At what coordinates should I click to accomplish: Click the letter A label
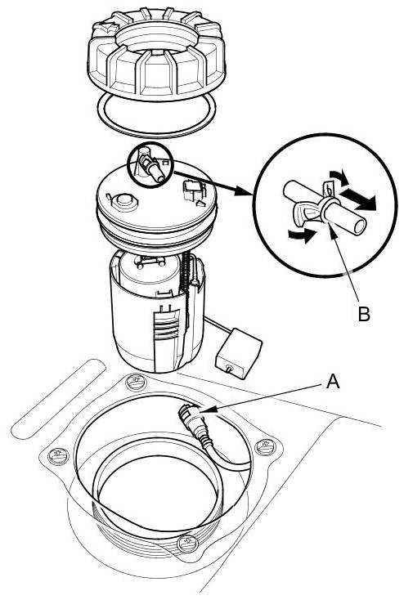click(333, 382)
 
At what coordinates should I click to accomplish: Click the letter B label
click(364, 313)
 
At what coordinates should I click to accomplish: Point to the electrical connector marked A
click(193, 421)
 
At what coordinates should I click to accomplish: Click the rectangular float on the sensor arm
click(238, 353)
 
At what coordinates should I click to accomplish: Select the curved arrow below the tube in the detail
click(302, 235)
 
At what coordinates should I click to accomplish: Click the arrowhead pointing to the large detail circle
click(245, 191)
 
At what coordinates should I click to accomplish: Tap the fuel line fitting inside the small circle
click(151, 167)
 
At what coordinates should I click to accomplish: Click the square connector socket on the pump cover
click(191, 190)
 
